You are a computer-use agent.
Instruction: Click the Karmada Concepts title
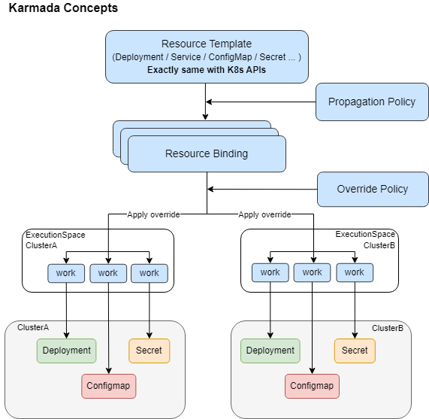62,10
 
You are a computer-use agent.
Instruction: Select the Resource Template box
207,56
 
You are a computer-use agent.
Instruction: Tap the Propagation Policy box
372,102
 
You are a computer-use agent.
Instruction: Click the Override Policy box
372,189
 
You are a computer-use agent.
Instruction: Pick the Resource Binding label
207,154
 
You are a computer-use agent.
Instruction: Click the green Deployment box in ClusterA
67,351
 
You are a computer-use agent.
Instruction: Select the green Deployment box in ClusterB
270,351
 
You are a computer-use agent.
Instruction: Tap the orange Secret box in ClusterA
149,351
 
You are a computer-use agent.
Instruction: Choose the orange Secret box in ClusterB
355,351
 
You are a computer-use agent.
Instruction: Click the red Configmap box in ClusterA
108,386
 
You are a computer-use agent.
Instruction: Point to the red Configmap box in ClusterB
312,386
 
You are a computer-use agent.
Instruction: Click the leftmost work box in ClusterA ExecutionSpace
66,273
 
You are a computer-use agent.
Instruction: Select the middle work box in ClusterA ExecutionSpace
108,273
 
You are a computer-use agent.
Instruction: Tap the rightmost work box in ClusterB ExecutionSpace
355,272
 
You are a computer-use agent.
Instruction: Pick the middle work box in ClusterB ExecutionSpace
313,272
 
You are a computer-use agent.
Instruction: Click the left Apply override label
153,214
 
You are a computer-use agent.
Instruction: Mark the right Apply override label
264,214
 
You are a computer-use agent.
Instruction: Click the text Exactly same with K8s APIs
207,70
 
